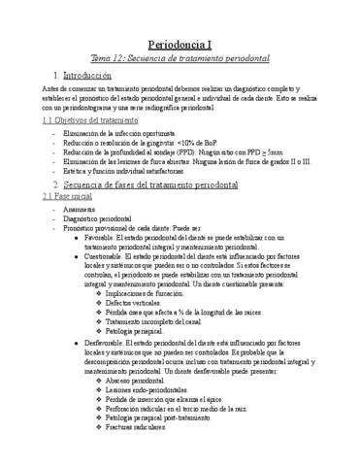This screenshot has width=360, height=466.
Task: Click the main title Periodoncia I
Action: (180, 45)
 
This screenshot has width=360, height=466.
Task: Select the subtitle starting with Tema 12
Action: (180, 60)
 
